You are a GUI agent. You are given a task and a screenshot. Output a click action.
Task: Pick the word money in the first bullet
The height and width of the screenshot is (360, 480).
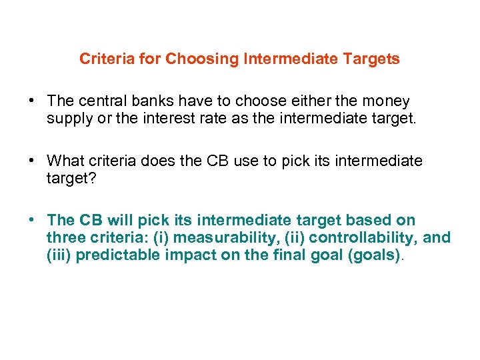(x=386, y=101)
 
